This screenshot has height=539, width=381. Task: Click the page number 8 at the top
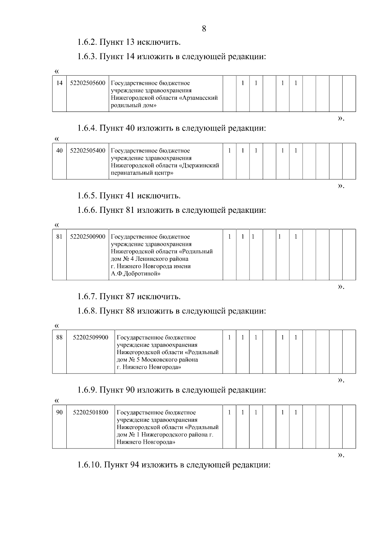[x=204, y=29]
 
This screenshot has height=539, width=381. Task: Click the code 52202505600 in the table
[x=88, y=83]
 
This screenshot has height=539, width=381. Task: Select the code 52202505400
[x=88, y=151]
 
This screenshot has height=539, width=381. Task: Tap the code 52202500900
[x=88, y=237]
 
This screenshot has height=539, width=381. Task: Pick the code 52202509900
[x=90, y=337]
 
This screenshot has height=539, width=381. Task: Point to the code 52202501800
[x=90, y=412]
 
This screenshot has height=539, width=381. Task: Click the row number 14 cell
[x=59, y=83]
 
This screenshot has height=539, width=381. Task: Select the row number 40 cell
[x=59, y=151]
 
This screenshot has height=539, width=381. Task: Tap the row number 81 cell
[x=59, y=237]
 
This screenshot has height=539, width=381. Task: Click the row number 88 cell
[x=59, y=337]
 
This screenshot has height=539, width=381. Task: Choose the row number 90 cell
[x=59, y=412]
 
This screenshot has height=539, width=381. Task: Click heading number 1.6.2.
[x=87, y=42]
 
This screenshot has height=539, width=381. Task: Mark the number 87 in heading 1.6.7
[x=130, y=297]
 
